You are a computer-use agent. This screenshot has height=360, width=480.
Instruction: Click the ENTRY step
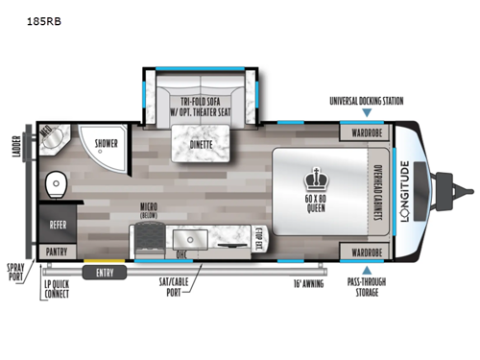[103, 273]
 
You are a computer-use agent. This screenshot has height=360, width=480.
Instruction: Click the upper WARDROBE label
[367, 132]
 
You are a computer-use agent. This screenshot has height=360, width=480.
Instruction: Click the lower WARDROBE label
[367, 252]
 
